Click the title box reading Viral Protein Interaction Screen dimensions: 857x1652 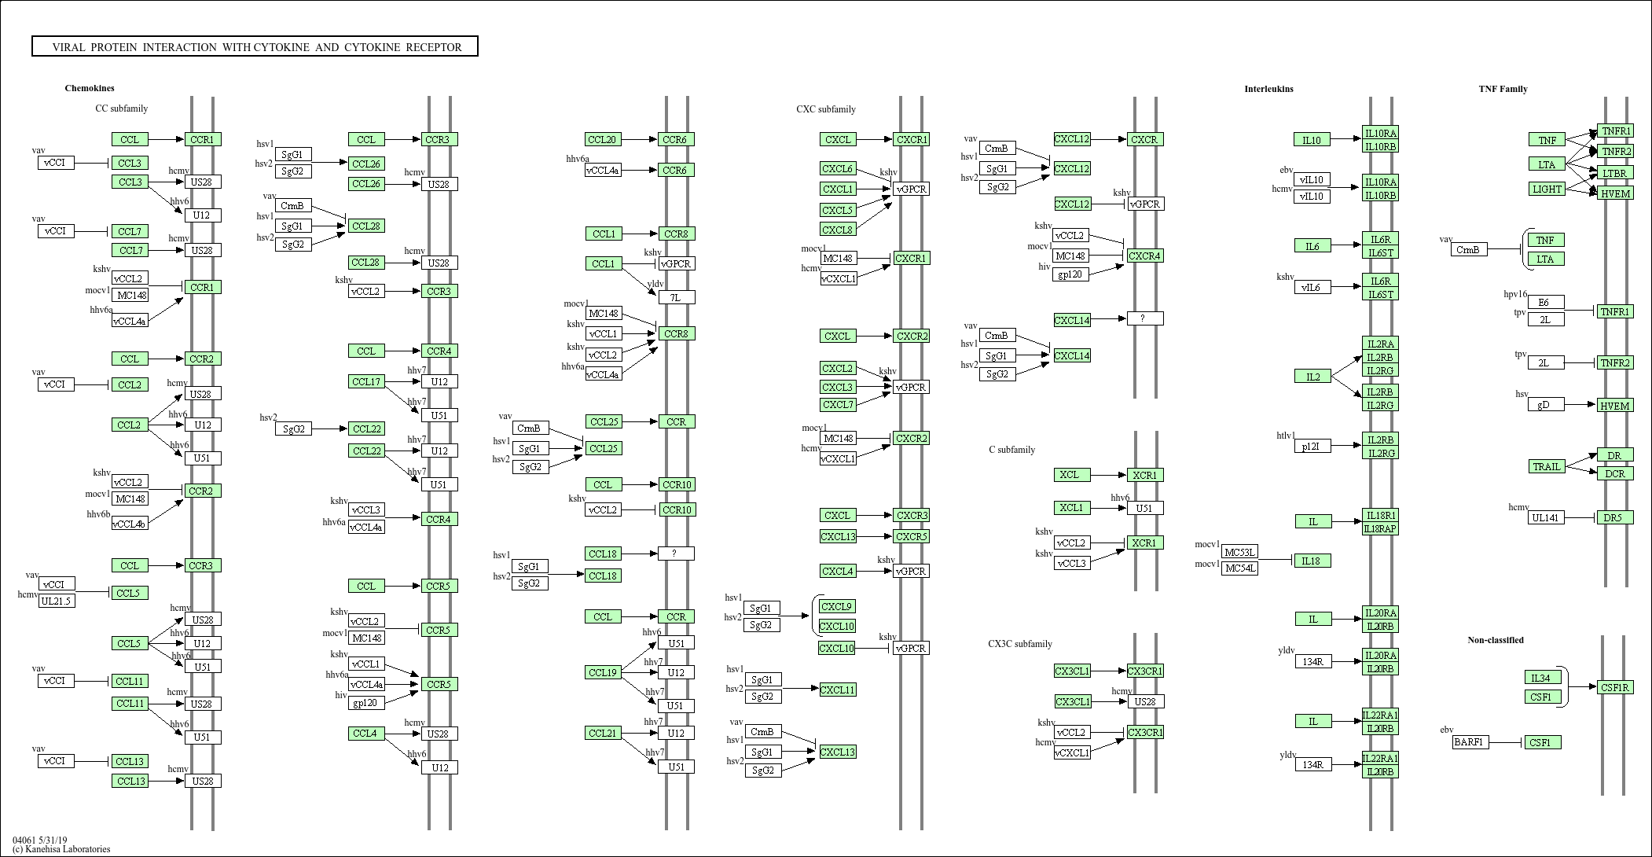coord(255,46)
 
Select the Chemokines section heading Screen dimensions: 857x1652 coord(90,88)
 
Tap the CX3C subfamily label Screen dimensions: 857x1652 coord(1019,644)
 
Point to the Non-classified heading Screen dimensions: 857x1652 coord(1495,640)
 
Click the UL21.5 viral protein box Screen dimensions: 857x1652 coord(57,601)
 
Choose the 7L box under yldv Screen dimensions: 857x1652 coord(676,297)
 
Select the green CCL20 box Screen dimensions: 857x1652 coord(603,139)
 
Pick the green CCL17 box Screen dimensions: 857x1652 coord(366,381)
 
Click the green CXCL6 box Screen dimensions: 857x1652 coord(837,168)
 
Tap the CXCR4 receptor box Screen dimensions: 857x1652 coord(1144,256)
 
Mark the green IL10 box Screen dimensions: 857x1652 coord(1312,140)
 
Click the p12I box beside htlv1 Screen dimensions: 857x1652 coord(1312,446)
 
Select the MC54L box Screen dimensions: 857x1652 coord(1239,568)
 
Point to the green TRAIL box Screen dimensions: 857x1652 coord(1546,466)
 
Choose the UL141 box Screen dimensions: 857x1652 coord(1546,517)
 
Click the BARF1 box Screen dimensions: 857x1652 coord(1470,741)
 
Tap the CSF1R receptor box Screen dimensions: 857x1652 coord(1615,687)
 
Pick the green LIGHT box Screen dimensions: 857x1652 coord(1547,189)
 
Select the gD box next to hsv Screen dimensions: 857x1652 coord(1545,404)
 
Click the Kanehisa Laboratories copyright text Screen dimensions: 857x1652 coord(61,849)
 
